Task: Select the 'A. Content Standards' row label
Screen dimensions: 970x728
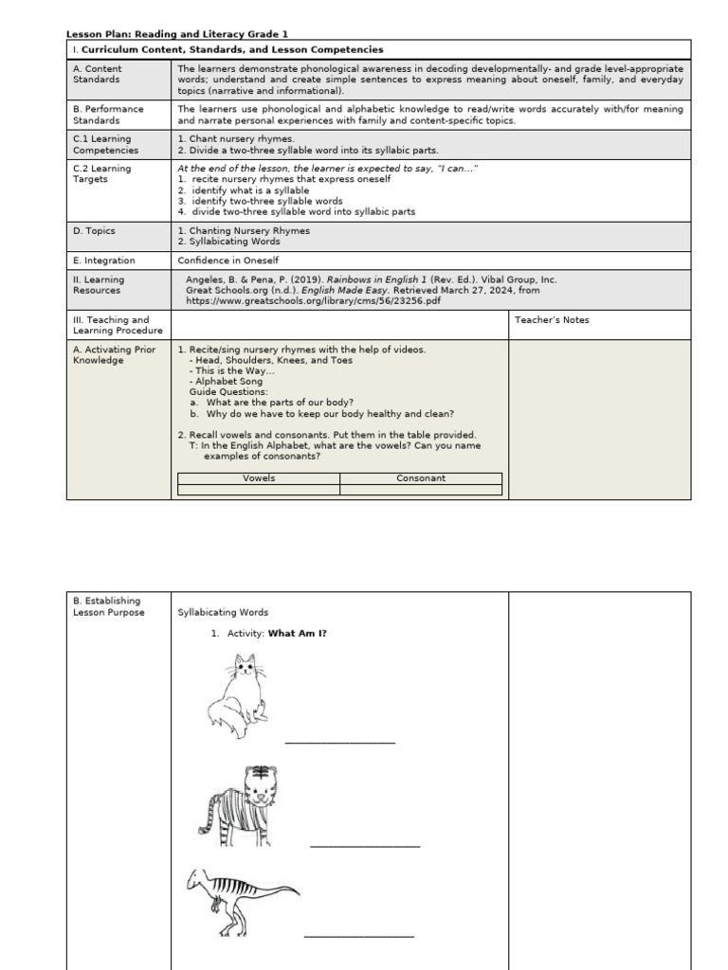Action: pyautogui.click(x=98, y=75)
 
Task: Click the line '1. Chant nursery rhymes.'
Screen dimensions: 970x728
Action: pyautogui.click(x=223, y=139)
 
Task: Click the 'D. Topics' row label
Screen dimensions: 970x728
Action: pyautogui.click(x=95, y=230)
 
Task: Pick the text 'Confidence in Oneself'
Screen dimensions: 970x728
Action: pyautogui.click(x=228, y=260)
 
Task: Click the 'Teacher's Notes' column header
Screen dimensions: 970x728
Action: pyautogui.click(x=552, y=320)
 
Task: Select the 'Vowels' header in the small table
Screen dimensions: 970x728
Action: pyautogui.click(x=259, y=478)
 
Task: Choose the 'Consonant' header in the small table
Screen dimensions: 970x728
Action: pyautogui.click(x=421, y=478)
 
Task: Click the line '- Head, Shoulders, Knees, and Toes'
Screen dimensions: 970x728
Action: pyautogui.click(x=270, y=360)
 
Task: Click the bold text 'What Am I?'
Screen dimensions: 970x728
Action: pyautogui.click(x=297, y=633)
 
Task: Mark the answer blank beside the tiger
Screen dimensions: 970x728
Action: pyautogui.click(x=364, y=845)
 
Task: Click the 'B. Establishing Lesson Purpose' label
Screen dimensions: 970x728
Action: pyautogui.click(x=109, y=606)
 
